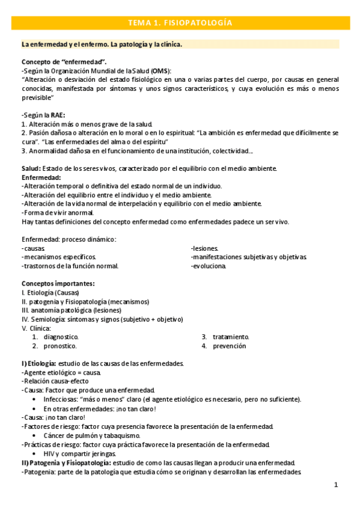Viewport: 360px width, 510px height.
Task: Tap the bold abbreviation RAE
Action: (56, 115)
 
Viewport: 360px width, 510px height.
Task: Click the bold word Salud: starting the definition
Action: (32, 168)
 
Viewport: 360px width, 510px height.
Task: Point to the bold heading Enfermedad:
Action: (41, 177)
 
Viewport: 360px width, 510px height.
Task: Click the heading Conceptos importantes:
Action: (58, 283)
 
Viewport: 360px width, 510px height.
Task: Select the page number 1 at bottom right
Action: (336, 484)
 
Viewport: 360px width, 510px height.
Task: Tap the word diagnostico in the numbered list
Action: (61, 337)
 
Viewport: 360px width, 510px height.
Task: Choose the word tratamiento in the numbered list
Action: (231, 337)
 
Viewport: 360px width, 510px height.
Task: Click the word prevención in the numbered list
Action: (229, 346)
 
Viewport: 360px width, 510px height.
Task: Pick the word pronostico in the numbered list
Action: (60, 346)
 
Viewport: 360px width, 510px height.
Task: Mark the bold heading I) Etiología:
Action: (39, 364)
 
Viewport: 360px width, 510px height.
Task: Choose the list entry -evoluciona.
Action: (209, 266)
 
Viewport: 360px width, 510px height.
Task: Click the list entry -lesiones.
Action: (204, 248)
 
